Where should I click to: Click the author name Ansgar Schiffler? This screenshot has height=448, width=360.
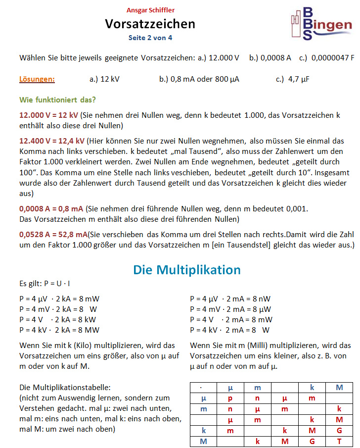point(150,10)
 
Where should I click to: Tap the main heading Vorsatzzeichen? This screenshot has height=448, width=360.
point(150,24)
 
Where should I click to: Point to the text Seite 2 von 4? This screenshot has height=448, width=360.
point(150,37)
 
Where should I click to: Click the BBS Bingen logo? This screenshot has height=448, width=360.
point(321,23)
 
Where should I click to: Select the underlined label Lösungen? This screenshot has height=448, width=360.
point(37,79)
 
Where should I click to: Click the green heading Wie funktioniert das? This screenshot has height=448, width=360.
point(57,100)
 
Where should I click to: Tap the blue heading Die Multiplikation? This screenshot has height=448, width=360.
point(186,270)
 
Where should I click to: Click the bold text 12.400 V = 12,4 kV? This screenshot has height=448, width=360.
point(51,141)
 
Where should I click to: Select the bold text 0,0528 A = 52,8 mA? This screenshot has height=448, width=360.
point(53,233)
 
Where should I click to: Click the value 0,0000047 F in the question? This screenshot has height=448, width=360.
point(333,57)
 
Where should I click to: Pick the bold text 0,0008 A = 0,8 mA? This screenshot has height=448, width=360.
point(52,208)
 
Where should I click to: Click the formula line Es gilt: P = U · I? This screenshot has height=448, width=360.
point(45,284)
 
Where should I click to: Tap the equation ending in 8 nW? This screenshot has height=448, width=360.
point(230,299)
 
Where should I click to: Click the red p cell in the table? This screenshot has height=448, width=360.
point(230,398)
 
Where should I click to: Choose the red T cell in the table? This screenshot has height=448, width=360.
point(339,441)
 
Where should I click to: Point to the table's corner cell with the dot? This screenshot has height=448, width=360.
point(203,387)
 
